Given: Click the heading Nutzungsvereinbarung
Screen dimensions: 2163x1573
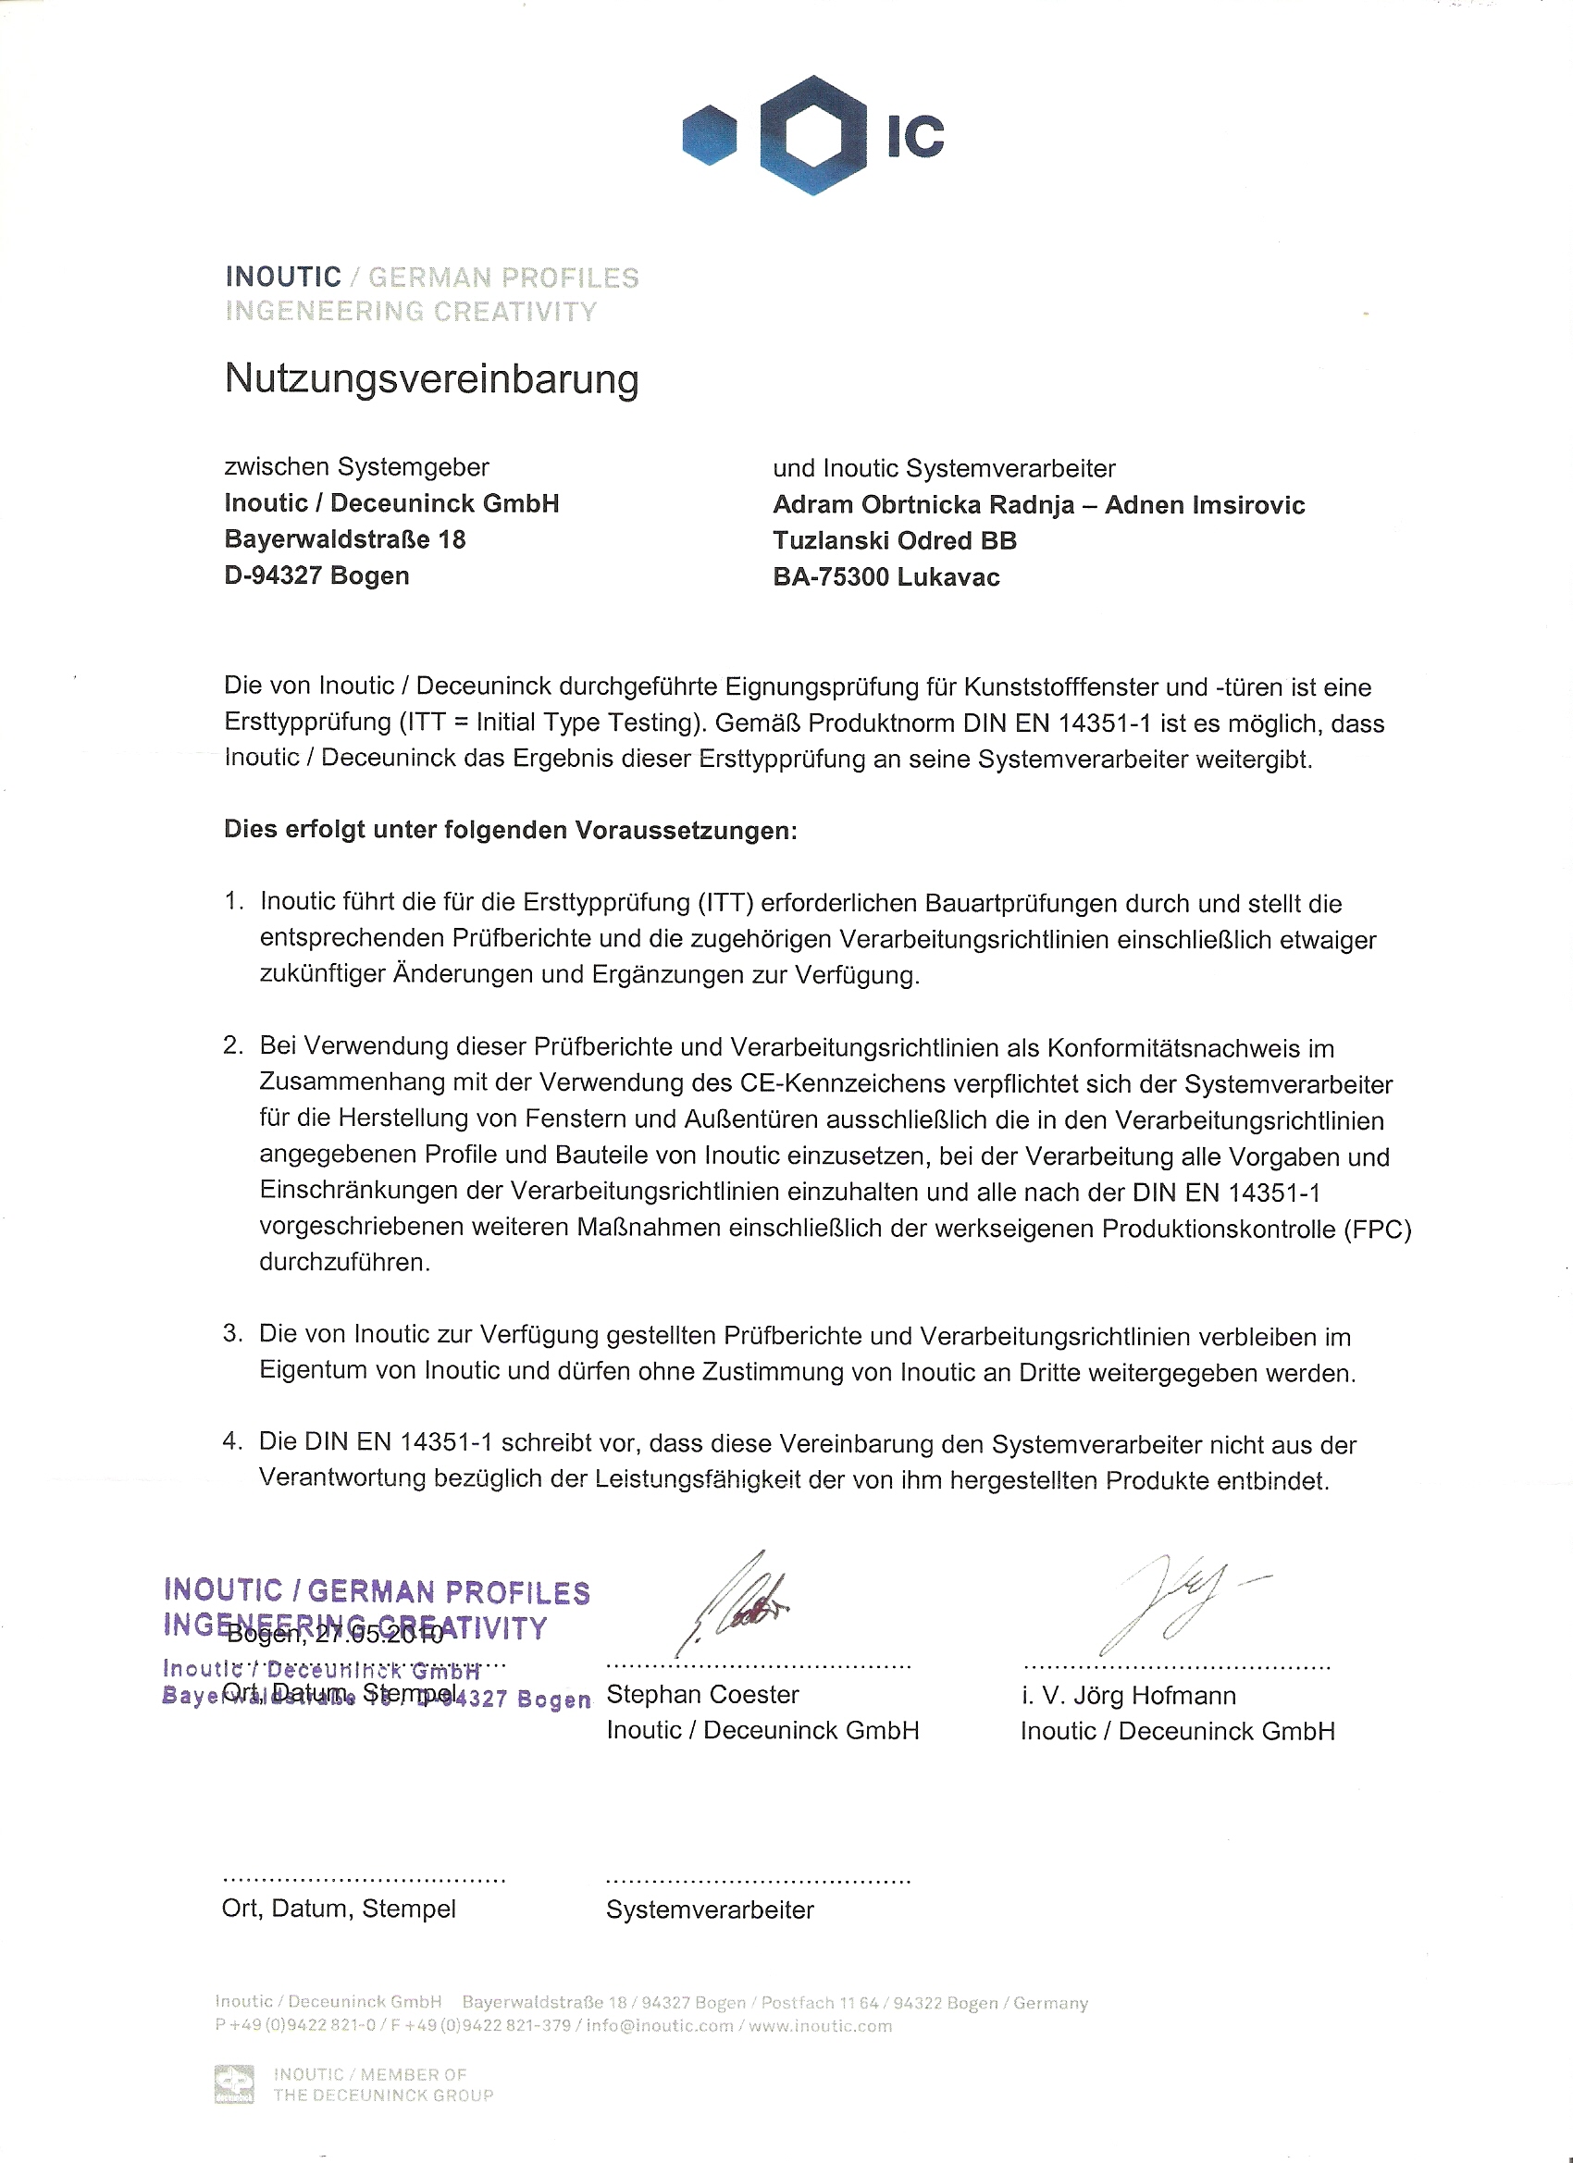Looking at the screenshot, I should pyautogui.click(x=431, y=379).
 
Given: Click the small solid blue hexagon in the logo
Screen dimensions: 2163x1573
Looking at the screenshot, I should pyautogui.click(x=710, y=134).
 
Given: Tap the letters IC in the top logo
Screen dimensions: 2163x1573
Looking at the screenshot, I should pyautogui.click(x=915, y=136).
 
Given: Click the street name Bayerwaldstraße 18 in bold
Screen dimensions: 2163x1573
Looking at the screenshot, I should pyautogui.click(x=344, y=539).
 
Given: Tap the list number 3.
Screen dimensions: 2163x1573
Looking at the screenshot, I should pyautogui.click(x=232, y=1333).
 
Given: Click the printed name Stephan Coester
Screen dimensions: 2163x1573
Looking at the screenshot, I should pyautogui.click(x=702, y=1695).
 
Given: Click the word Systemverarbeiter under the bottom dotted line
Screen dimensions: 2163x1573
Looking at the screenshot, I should pyautogui.click(x=710, y=1910).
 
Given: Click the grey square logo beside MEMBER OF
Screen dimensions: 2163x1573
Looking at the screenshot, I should pyautogui.click(x=234, y=2083).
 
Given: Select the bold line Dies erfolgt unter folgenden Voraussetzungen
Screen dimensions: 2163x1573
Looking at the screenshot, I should pyautogui.click(x=510, y=830).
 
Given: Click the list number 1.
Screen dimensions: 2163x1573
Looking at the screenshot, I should pyautogui.click(x=232, y=901).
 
